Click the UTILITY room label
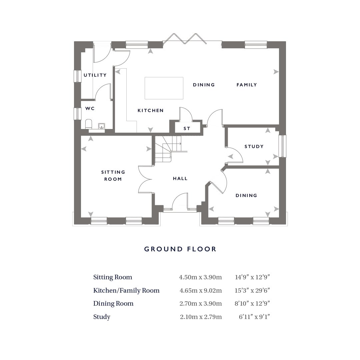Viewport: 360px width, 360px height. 95,75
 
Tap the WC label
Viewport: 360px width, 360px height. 90,108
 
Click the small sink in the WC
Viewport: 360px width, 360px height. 101,126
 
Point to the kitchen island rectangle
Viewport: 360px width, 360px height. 164,88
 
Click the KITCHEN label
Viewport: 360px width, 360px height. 151,110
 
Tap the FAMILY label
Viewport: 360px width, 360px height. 247,85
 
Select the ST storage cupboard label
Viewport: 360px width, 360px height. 187,129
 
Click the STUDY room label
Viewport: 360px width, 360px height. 254,146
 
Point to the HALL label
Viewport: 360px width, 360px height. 180,178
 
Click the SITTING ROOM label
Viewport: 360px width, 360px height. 113,176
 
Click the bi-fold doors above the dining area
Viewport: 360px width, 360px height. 185,39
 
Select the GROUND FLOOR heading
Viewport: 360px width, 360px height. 180,249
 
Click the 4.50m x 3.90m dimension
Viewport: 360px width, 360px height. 200,277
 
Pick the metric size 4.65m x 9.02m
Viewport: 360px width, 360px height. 201,291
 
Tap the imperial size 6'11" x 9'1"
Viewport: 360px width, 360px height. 254,317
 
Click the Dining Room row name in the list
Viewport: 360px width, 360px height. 113,304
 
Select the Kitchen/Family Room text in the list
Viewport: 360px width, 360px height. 126,291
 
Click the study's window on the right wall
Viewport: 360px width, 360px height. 283,146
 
